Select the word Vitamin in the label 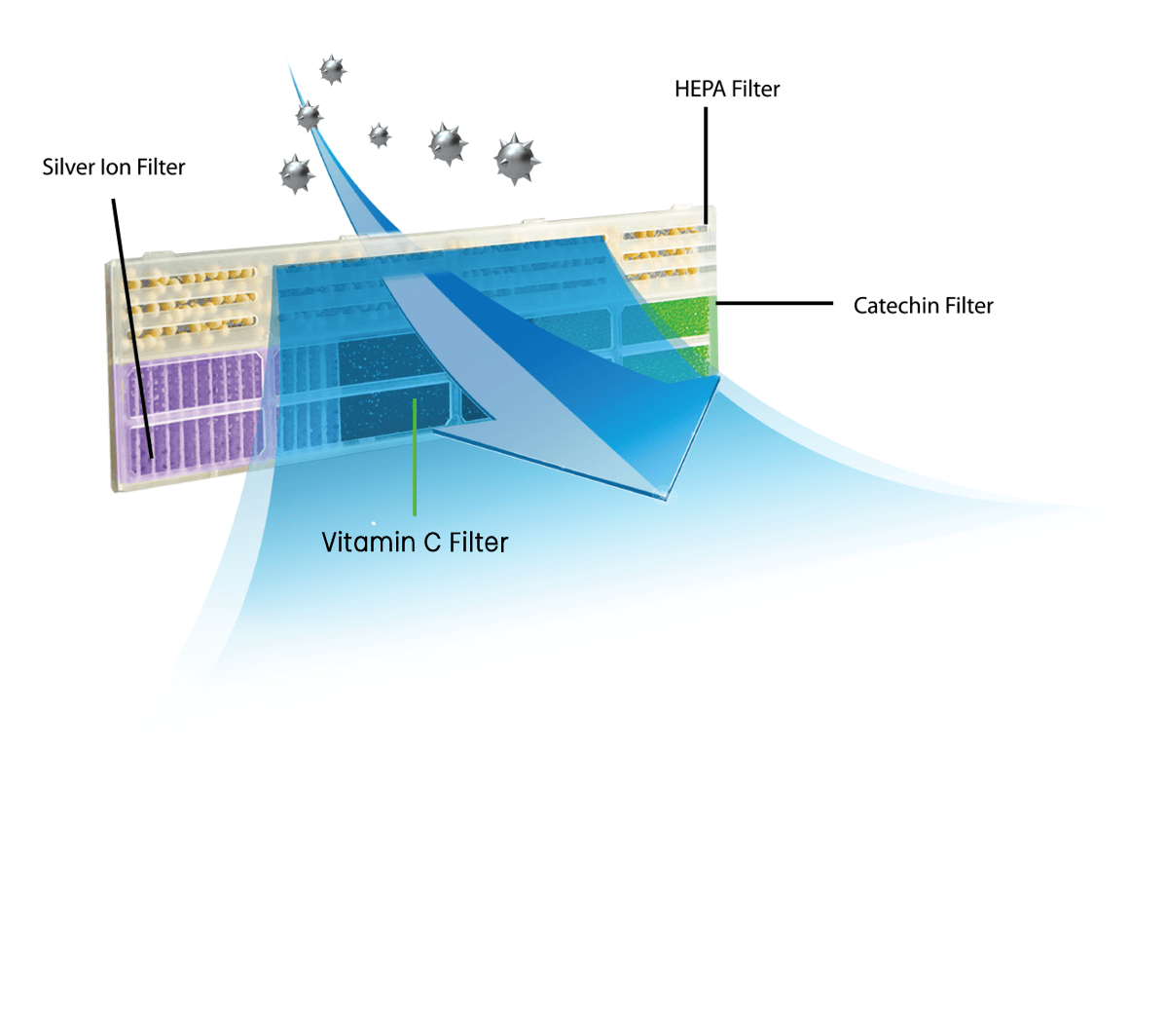tap(368, 542)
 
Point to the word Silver tap(68, 168)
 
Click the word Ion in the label tap(116, 168)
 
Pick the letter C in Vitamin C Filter tap(432, 542)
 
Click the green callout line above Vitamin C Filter tap(415, 458)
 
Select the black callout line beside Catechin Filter tap(775, 303)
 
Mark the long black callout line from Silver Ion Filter tap(131, 321)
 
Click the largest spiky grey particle tap(516, 158)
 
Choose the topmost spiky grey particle tap(333, 69)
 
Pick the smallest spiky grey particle tap(380, 135)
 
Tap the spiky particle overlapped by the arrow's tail tap(309, 117)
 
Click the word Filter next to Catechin tap(969, 306)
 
